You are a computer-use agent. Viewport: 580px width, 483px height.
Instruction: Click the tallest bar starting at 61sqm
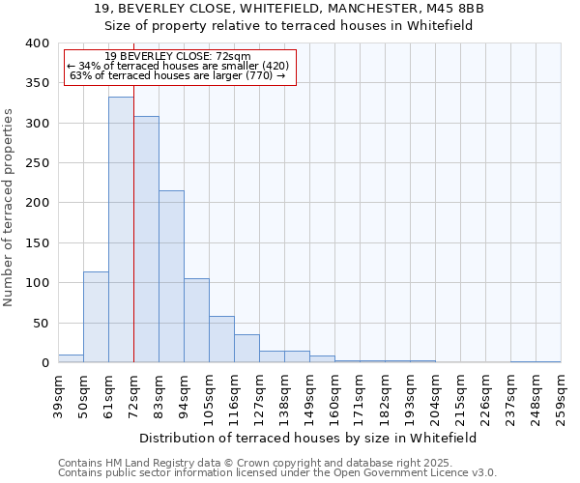click(121, 230)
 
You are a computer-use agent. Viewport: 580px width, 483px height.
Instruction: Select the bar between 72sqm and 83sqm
click(146, 240)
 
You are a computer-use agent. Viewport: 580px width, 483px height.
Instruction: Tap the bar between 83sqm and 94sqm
click(171, 276)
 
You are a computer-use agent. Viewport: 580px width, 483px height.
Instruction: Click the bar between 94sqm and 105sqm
click(196, 321)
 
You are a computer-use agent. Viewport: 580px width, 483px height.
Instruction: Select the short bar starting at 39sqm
click(71, 358)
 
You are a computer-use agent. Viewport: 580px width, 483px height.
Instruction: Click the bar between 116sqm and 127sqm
click(246, 349)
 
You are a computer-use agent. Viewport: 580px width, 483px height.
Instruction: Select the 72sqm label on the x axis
click(134, 395)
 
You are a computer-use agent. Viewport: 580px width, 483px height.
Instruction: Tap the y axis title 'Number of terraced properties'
click(9, 207)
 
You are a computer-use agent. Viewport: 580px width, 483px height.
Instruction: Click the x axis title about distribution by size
click(308, 438)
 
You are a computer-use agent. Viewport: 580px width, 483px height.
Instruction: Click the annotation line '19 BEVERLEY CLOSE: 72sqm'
click(178, 56)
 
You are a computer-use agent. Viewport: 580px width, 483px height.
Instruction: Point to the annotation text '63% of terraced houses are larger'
click(178, 75)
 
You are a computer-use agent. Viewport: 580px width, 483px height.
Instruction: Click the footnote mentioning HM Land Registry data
click(276, 463)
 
